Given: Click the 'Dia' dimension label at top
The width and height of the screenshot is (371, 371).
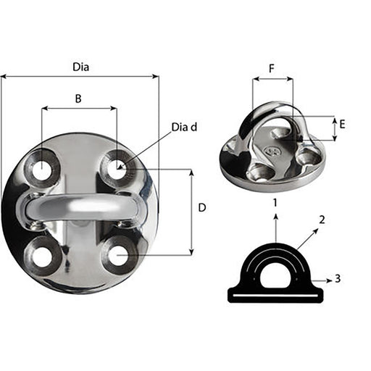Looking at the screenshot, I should click(81, 67).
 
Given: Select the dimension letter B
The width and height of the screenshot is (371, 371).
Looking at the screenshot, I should click(78, 99).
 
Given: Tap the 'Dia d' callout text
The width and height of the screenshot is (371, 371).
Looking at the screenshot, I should click(184, 128).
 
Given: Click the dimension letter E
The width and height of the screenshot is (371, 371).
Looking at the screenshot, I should click(342, 124).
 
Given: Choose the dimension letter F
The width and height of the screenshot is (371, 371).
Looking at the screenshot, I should click(272, 70).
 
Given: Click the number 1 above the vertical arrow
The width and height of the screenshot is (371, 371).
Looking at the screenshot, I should click(275, 203).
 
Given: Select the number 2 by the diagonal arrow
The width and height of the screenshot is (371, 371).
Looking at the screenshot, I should click(322, 219).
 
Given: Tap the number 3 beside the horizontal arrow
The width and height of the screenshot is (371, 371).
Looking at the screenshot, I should click(339, 278).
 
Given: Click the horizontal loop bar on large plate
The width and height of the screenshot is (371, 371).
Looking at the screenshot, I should click(80, 207).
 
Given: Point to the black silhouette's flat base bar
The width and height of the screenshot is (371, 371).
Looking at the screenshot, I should click(275, 294).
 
